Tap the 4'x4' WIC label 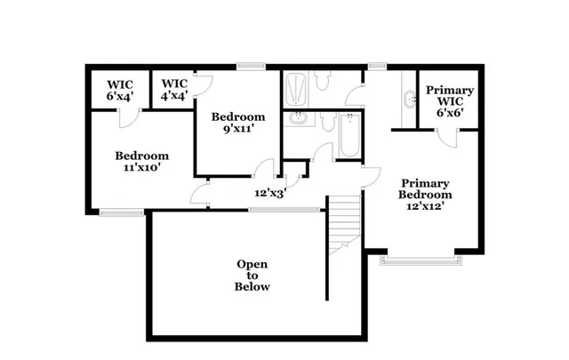point(174,91)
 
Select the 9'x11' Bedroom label point(237,123)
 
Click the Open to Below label point(252,276)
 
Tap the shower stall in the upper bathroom point(295,89)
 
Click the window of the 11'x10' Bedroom point(121,212)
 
